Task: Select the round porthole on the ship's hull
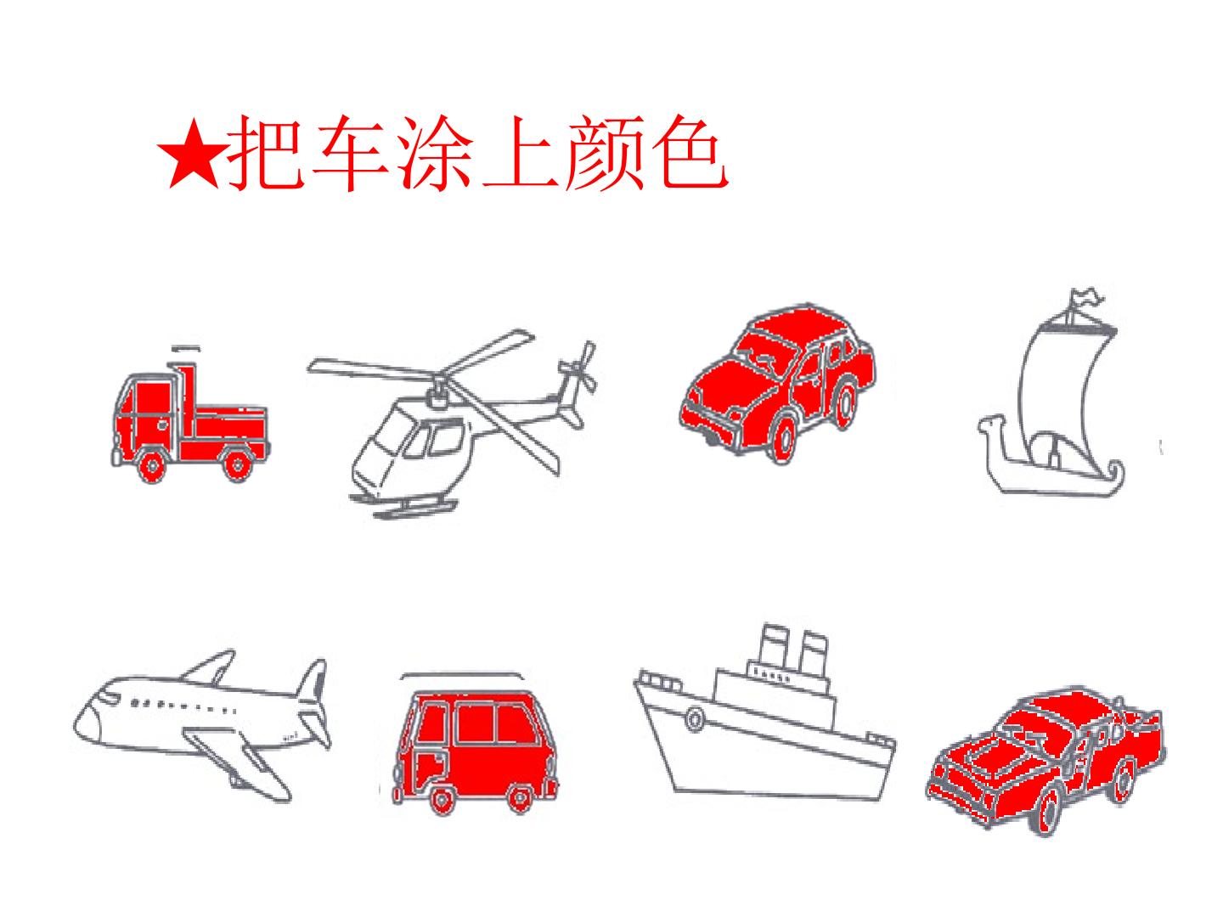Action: click(695, 718)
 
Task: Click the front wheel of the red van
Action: click(441, 800)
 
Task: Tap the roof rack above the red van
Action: click(462, 675)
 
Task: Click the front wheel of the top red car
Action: click(783, 440)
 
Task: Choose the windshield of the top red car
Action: click(761, 357)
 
